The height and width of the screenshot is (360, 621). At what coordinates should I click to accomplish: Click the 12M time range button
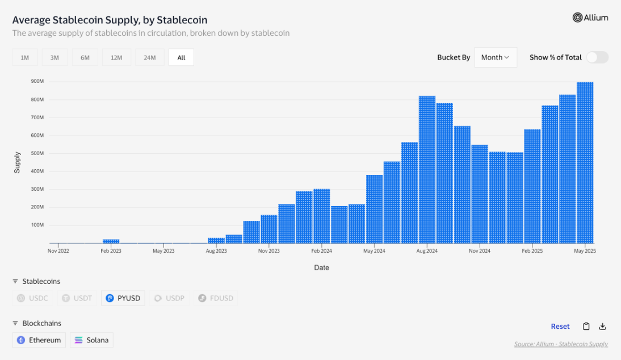click(116, 57)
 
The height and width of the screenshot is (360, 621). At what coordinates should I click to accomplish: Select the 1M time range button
click(24, 57)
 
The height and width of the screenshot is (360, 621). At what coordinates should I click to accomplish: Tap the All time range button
click(181, 57)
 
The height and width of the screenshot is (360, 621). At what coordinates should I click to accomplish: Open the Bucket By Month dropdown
click(495, 57)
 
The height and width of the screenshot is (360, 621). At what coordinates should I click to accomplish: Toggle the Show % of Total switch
click(597, 57)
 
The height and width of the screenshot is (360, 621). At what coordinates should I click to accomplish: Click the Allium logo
click(590, 18)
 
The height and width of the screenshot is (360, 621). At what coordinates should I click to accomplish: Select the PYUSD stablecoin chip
click(123, 298)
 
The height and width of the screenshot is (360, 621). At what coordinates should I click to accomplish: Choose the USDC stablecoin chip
click(33, 298)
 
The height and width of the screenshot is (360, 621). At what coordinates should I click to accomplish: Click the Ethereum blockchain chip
click(39, 340)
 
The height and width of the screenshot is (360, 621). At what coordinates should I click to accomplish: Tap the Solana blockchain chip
click(91, 340)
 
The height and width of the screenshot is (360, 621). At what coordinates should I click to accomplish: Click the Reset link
click(560, 326)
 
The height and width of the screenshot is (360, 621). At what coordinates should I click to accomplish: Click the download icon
click(603, 326)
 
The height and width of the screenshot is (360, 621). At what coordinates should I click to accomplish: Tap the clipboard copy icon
click(586, 326)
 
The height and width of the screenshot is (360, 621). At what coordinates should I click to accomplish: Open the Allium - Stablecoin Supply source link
click(561, 344)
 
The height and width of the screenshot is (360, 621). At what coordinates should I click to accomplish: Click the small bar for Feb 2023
click(111, 241)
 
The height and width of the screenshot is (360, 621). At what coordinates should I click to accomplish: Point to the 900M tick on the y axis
click(37, 82)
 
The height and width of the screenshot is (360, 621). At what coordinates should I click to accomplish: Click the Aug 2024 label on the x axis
click(427, 250)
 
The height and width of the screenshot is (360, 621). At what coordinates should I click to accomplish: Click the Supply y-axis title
click(17, 162)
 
